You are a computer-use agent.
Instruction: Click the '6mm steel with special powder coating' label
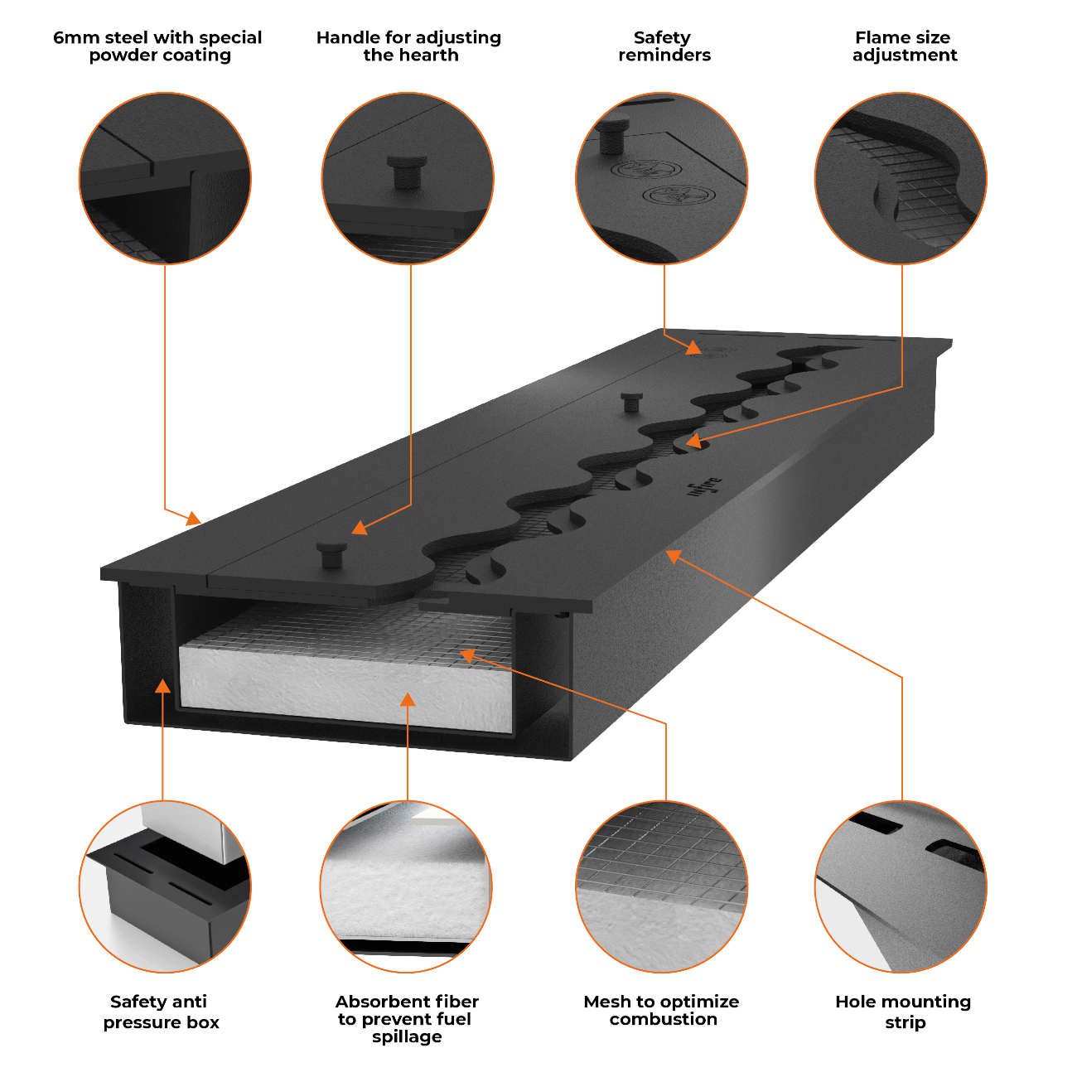(157, 46)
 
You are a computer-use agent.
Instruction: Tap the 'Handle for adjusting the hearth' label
(408, 46)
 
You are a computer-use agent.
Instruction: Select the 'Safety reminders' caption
(664, 46)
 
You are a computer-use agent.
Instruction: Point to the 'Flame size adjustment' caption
(905, 46)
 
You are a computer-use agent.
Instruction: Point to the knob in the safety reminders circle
(613, 134)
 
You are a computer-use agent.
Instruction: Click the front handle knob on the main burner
(331, 554)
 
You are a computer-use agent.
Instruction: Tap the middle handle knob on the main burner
(631, 402)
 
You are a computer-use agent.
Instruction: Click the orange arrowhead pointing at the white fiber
(408, 699)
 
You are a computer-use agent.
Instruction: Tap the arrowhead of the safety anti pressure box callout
(162, 686)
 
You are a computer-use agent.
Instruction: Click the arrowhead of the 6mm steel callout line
(193, 518)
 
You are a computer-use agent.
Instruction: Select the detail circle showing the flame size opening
(901, 178)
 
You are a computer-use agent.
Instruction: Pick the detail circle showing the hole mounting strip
(901, 887)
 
